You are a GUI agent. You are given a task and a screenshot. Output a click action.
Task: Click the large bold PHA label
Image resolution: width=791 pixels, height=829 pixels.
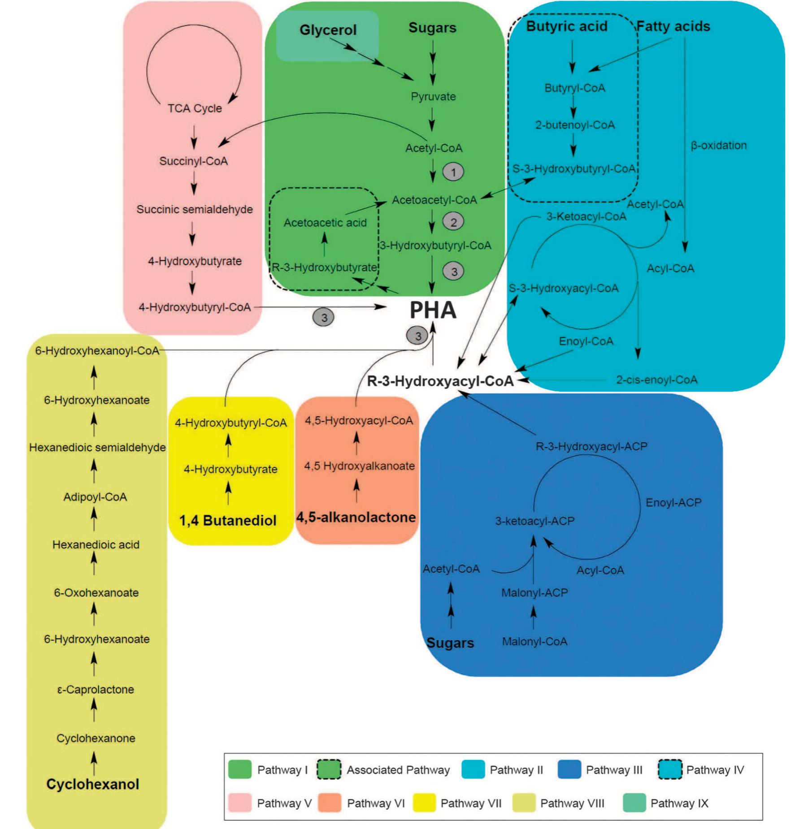point(433,310)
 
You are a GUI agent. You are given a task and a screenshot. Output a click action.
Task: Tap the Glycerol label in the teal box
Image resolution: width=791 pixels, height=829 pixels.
point(328,30)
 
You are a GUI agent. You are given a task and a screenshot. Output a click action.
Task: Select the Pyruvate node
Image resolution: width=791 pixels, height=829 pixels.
point(433,97)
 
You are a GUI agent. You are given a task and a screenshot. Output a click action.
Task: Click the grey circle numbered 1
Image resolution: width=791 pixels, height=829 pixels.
point(453,172)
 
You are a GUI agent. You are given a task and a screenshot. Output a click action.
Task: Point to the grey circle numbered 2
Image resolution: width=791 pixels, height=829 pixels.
point(453,222)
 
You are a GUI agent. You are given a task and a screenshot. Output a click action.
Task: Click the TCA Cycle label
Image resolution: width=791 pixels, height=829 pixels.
point(195,108)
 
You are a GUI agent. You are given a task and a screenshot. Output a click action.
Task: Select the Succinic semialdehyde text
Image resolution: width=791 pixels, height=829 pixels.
point(195,209)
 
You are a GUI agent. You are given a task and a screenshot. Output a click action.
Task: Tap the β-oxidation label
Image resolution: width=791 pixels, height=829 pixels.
point(718,145)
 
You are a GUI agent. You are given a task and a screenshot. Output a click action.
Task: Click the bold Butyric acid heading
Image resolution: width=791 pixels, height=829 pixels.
point(566,26)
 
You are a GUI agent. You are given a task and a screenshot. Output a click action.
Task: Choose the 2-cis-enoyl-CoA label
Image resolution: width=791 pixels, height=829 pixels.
point(656,380)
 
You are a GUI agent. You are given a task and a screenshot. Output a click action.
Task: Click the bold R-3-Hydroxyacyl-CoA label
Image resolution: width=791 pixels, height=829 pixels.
point(440,381)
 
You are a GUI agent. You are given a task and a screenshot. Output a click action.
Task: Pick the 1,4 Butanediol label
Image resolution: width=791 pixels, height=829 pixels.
point(228,521)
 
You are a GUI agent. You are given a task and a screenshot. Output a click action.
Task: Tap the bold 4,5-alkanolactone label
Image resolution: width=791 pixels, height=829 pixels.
point(356,517)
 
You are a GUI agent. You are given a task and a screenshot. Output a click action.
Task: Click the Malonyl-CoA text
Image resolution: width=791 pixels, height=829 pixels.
point(535,642)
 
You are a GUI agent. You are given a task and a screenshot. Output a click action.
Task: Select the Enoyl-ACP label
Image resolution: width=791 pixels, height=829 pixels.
point(673,503)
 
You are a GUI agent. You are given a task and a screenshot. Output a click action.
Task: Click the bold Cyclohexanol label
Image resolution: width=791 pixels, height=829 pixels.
point(93,784)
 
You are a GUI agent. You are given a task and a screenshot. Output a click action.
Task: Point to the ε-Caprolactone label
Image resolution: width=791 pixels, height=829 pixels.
point(96,689)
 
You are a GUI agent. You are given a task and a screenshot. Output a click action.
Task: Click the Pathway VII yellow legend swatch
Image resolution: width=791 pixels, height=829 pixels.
point(424,803)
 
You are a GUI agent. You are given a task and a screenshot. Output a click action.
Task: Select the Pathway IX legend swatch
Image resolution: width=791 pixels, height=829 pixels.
point(634,803)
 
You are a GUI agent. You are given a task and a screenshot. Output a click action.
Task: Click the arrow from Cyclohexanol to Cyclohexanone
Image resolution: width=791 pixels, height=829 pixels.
point(94,763)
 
